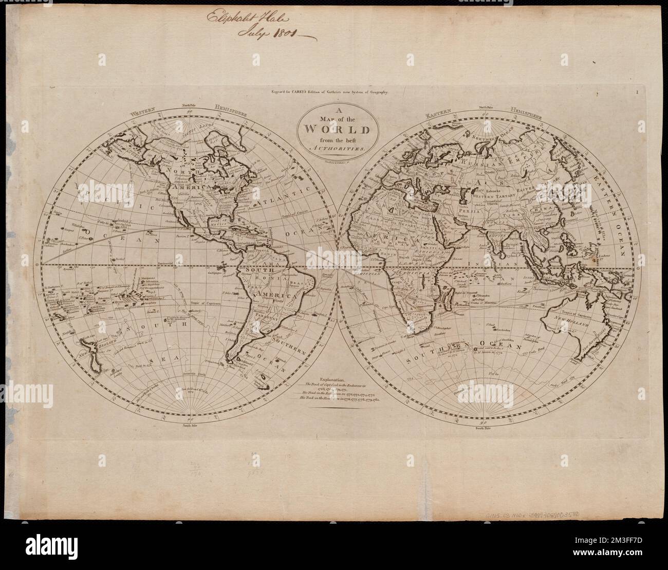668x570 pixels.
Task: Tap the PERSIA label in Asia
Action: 475,211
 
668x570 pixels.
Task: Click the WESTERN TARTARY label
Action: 501,196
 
